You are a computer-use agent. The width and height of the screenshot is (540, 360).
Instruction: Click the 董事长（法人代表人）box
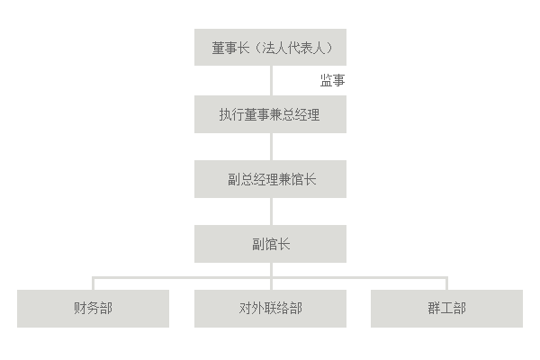270,47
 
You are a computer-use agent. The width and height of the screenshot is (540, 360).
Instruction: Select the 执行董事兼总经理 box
270,114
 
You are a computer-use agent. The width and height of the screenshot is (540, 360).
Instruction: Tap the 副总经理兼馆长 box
270,179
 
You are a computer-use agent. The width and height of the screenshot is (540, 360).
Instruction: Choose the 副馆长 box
270,244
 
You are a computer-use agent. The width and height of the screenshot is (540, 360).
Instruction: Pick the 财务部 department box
93,309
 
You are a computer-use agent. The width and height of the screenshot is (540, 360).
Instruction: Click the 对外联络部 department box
270,309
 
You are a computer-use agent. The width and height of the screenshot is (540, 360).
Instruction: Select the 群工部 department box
446,309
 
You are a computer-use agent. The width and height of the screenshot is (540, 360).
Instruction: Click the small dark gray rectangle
332,80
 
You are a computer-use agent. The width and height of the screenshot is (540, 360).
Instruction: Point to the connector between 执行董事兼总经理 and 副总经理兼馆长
270,147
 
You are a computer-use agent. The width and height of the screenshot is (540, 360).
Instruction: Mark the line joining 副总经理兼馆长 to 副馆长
270,211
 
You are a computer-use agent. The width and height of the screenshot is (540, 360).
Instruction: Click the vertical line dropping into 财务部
93,283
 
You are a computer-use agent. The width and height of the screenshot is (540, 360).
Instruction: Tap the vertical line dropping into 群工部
446,283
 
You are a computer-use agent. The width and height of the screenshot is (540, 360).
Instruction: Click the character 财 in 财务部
80,309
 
